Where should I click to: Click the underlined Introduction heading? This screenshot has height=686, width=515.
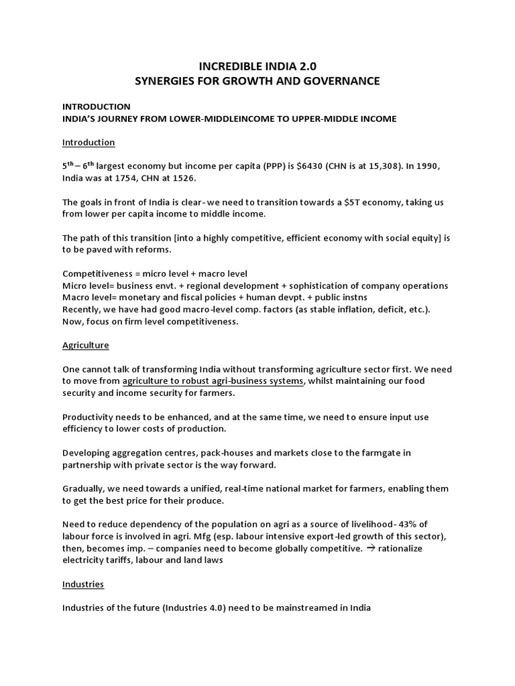(89, 143)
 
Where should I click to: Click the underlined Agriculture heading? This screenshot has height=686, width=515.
(86, 345)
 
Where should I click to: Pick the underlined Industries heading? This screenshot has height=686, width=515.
(83, 584)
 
